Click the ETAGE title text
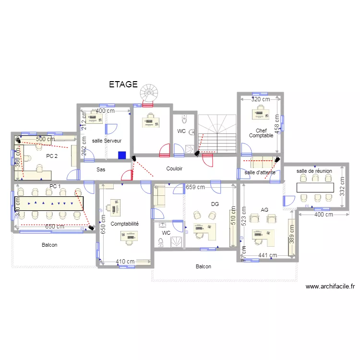(x=123, y=84)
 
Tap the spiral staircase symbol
(x=149, y=93)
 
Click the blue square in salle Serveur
(x=122, y=156)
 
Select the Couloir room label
(x=174, y=168)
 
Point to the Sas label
(x=100, y=169)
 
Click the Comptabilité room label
(x=124, y=224)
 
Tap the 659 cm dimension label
(x=195, y=187)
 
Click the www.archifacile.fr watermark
(x=330, y=287)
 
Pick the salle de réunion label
(x=314, y=171)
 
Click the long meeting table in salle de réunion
(x=315, y=187)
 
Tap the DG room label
(x=215, y=204)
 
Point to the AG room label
(x=264, y=210)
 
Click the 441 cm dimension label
(x=267, y=256)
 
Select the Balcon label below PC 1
(x=49, y=245)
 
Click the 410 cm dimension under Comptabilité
(x=125, y=262)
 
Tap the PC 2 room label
(x=52, y=156)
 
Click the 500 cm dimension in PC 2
(x=46, y=139)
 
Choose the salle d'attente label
(x=260, y=172)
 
